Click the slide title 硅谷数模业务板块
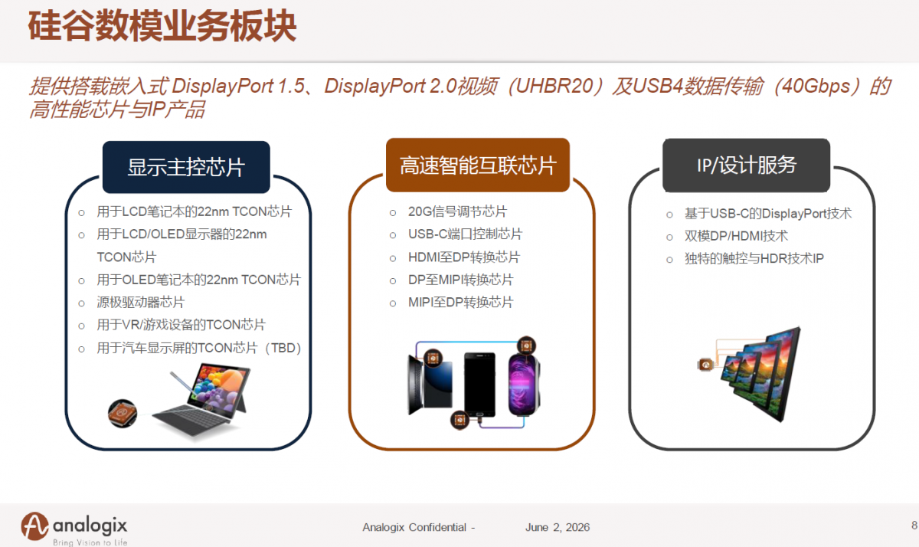click(162, 26)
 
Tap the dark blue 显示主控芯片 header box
click(186, 167)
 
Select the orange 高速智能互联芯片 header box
click(478, 165)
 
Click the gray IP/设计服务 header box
click(746, 165)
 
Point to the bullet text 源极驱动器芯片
click(141, 303)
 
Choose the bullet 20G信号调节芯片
click(457, 211)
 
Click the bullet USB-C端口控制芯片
click(465, 234)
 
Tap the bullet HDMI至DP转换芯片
click(464, 257)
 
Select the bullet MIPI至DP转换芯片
click(461, 303)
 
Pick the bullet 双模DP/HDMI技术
click(736, 236)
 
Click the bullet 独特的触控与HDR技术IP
click(754, 258)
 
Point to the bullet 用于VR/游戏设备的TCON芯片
click(182, 325)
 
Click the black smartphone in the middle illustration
click(479, 385)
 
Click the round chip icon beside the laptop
click(123, 413)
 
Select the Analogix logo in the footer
click(74, 529)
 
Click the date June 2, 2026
click(558, 527)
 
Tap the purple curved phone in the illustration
click(524, 385)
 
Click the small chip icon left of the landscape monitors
click(705, 365)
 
